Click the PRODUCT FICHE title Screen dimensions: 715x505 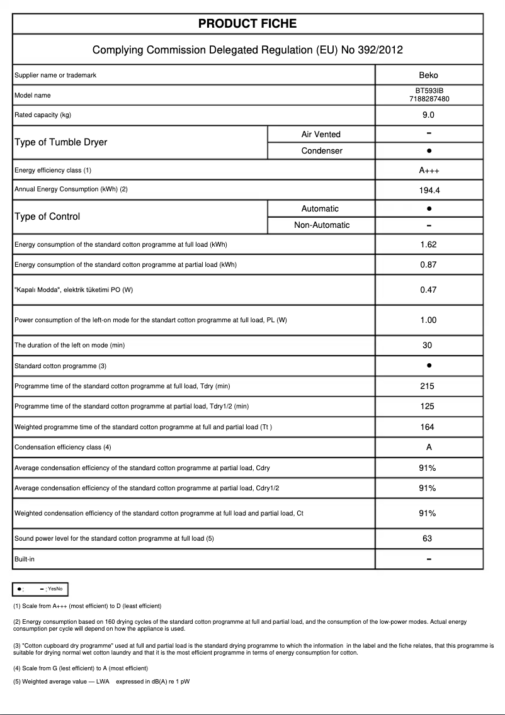click(247, 24)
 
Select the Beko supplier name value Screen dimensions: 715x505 click(428, 76)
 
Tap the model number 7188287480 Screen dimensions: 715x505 click(428, 99)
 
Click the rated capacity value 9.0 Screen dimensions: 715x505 click(428, 115)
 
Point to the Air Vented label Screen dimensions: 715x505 click(321, 134)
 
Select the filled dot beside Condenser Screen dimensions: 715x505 click(428, 151)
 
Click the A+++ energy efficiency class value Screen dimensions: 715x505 click(428, 171)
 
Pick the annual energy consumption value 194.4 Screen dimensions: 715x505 click(428, 189)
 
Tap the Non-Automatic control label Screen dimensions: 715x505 click(322, 225)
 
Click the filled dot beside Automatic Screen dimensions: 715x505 click(428, 208)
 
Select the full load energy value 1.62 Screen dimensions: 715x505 click(428, 245)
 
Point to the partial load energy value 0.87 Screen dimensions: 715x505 click(428, 265)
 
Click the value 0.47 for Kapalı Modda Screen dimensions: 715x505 click(428, 290)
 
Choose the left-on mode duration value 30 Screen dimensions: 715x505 click(428, 346)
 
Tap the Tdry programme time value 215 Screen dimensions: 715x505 click(428, 386)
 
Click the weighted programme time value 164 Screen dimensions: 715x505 click(428, 427)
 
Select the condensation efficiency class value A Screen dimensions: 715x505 click(428, 448)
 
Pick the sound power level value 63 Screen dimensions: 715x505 click(428, 539)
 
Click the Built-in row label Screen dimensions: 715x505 click(25, 559)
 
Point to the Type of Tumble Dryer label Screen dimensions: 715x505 click(61, 142)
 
